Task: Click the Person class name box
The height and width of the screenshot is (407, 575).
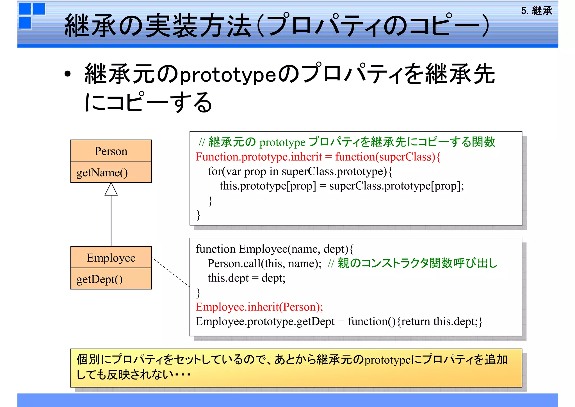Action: (111, 151)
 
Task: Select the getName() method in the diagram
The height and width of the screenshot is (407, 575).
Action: (102, 172)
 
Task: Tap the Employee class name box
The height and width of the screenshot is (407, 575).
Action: (111, 258)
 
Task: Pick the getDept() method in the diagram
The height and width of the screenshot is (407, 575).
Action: (100, 279)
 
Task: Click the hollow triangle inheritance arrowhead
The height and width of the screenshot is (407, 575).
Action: (111, 190)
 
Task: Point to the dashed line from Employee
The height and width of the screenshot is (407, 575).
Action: (171, 272)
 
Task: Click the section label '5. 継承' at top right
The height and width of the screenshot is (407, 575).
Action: (536, 11)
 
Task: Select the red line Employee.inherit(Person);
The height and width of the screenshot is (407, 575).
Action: (259, 307)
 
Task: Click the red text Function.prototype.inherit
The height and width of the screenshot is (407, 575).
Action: (259, 157)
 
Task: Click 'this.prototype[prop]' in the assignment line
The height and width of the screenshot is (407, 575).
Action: (268, 186)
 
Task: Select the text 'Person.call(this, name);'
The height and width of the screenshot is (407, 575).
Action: (264, 264)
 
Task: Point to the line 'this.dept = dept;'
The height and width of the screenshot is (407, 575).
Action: (246, 278)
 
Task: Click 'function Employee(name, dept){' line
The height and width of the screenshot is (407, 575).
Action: (275, 249)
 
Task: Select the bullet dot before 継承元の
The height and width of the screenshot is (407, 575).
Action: (67, 74)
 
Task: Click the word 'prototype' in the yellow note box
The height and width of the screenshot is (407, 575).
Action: (388, 360)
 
